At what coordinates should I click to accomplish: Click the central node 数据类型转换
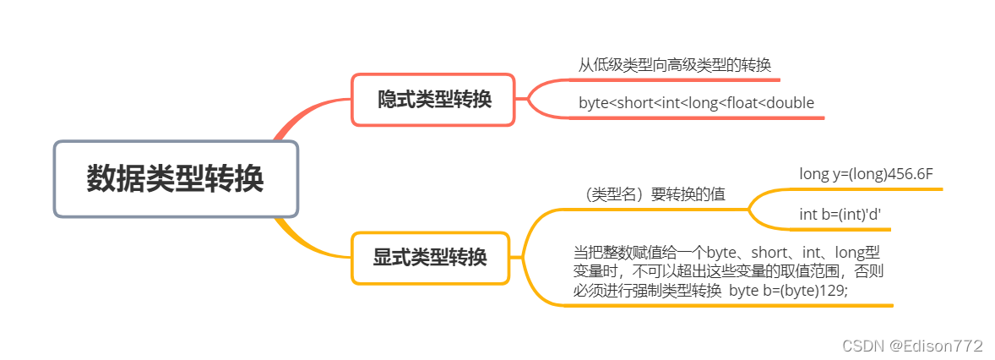point(176,179)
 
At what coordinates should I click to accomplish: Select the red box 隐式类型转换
point(433,100)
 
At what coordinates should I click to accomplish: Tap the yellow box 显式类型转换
point(430,258)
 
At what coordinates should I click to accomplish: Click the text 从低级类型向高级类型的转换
point(674,65)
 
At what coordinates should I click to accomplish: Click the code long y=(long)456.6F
point(866,173)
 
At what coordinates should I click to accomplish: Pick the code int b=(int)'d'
point(840,214)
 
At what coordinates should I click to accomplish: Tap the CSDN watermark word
point(841,346)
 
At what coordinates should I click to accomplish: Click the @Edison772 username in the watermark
point(934,346)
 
